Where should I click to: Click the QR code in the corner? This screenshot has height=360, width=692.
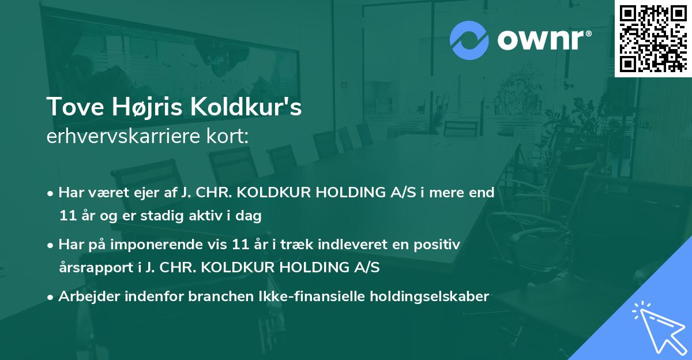[653, 38]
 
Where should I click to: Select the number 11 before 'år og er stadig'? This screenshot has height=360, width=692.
[66, 216]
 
